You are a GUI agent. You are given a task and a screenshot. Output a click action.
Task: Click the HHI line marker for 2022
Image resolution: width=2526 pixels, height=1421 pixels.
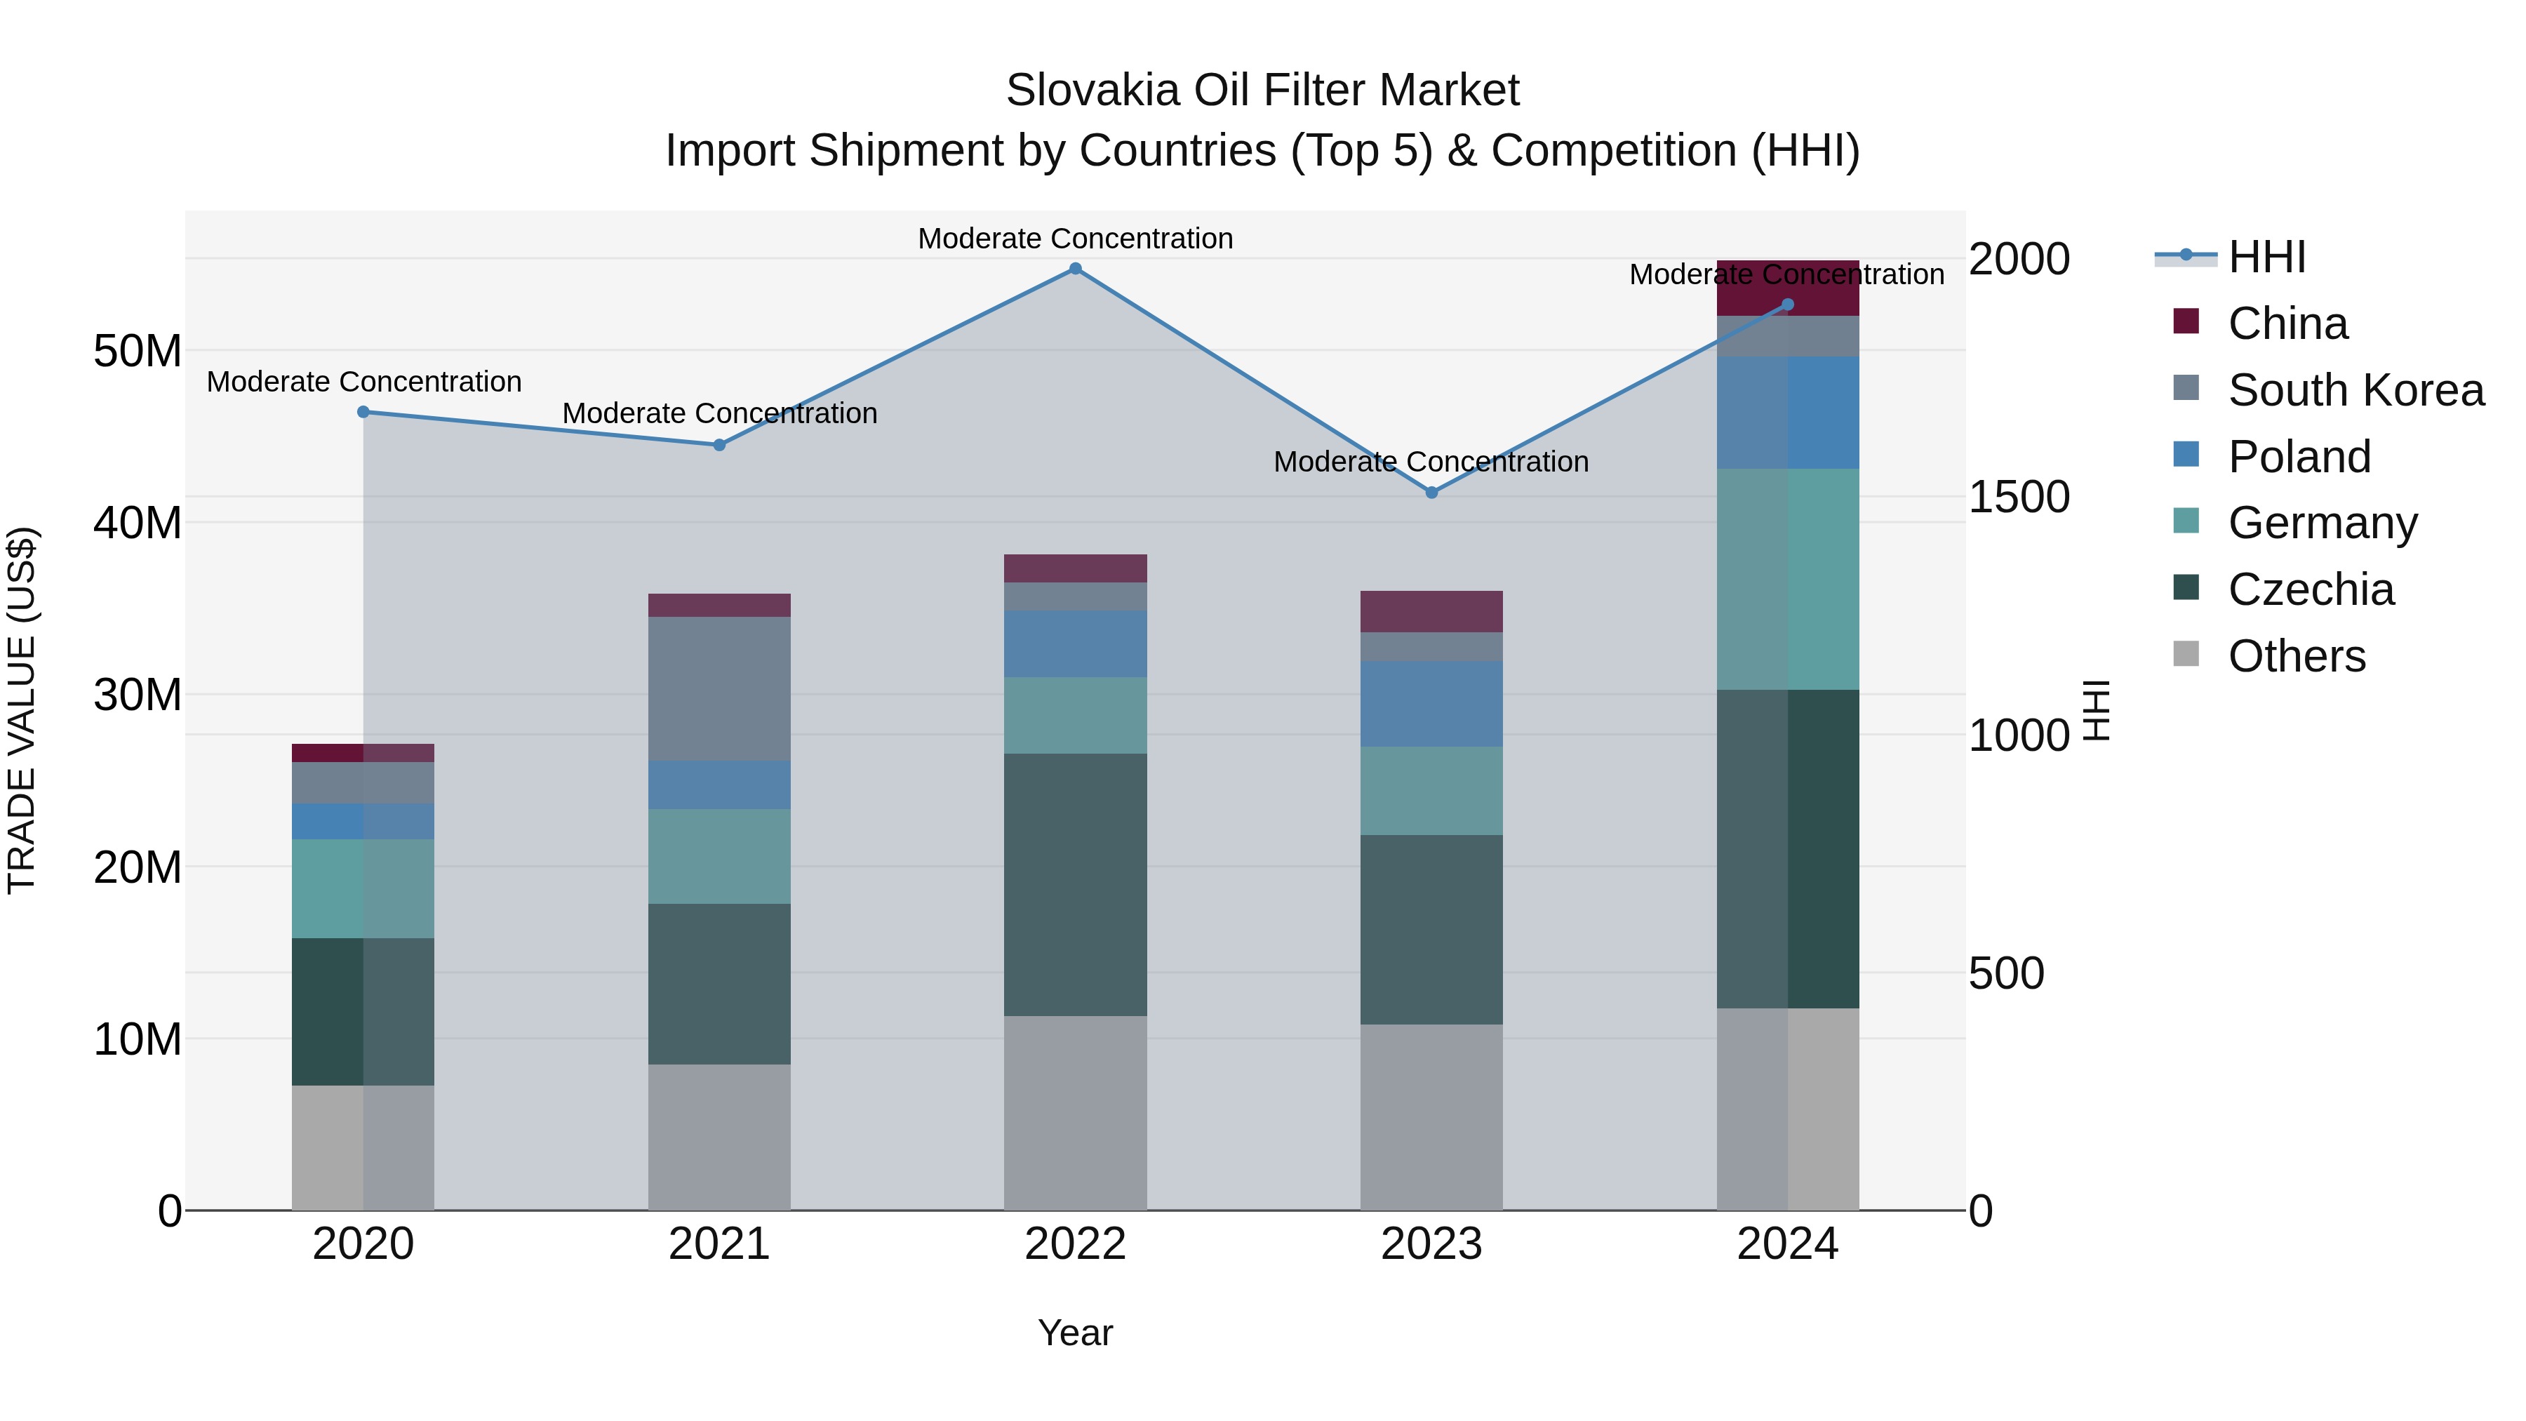(1075, 269)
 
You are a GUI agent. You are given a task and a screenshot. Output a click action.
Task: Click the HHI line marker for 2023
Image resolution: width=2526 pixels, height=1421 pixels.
(1431, 493)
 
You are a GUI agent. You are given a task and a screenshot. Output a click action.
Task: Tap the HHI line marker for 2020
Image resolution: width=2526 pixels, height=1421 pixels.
(363, 412)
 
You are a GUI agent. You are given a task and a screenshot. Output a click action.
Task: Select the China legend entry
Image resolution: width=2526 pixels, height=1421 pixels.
(2287, 323)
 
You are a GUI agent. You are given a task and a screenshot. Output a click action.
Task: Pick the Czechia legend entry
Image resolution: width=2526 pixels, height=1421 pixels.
(2311, 589)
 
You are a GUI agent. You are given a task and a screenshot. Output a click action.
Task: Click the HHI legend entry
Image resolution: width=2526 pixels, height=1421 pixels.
(2266, 257)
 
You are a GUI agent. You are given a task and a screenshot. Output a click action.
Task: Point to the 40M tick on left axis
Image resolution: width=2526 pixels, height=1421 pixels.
(138, 523)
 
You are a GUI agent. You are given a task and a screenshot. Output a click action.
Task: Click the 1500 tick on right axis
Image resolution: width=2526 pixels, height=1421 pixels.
(2018, 498)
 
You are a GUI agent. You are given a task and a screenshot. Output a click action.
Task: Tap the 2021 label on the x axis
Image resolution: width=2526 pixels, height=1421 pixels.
(719, 1244)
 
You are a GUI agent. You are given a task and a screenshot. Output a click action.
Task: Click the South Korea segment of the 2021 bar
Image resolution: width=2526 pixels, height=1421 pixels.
(719, 688)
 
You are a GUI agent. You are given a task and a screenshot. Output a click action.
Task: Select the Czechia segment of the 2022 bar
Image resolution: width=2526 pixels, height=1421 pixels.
(1075, 885)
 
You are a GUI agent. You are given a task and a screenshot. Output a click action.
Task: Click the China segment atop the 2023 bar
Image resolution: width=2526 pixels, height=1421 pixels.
(1431, 611)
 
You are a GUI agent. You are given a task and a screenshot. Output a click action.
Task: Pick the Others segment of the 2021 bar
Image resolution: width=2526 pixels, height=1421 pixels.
(719, 1138)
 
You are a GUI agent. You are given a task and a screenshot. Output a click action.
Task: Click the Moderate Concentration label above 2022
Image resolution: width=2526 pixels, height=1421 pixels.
(1075, 239)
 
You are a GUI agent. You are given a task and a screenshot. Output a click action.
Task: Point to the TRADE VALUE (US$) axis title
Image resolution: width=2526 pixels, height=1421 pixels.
(22, 710)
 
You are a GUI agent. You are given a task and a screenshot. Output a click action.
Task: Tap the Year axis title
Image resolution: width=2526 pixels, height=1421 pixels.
(1075, 1333)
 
